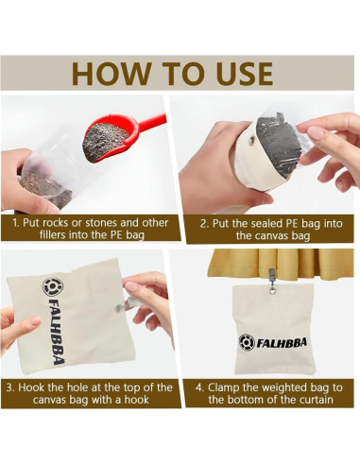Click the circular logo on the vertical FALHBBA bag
click(x=53, y=286)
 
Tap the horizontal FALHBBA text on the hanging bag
click(x=282, y=342)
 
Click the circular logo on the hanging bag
click(x=247, y=342)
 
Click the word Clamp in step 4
click(x=221, y=387)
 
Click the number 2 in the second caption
click(x=203, y=224)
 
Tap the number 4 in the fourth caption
click(x=199, y=387)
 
